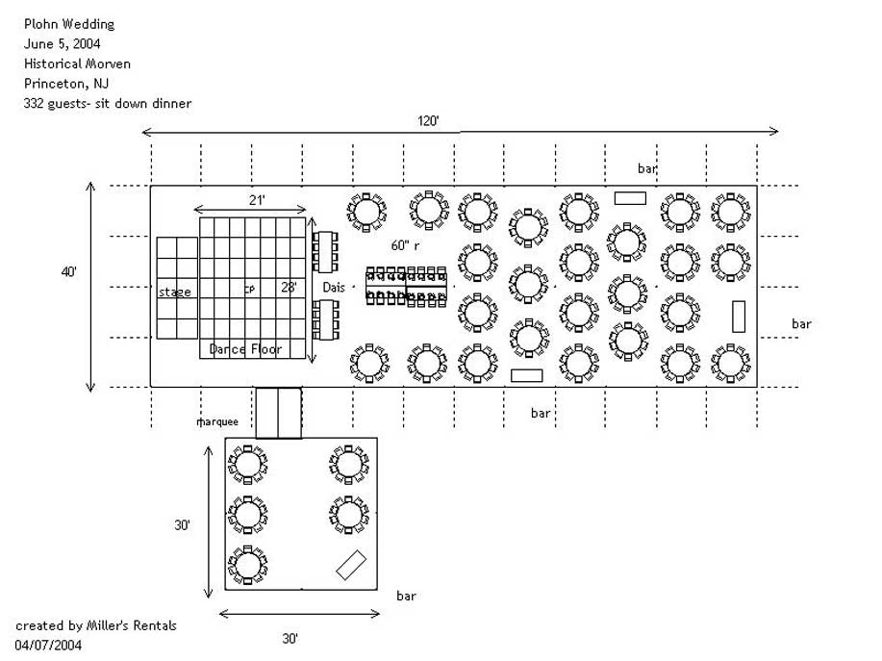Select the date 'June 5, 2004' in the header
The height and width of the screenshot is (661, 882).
click(63, 44)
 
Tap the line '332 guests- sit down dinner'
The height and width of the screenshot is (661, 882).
click(107, 103)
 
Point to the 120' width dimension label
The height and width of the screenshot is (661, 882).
click(428, 121)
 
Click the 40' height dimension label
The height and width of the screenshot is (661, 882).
click(69, 273)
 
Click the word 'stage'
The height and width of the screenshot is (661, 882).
click(175, 292)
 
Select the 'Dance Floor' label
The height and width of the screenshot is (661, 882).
click(245, 349)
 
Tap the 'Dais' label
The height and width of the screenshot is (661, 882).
click(334, 288)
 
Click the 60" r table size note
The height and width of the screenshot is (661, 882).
click(406, 244)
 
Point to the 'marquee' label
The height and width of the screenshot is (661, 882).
click(216, 421)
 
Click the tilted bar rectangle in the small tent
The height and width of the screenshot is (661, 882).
click(351, 564)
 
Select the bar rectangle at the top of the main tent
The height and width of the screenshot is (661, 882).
click(630, 198)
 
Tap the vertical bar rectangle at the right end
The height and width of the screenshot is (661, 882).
click(739, 317)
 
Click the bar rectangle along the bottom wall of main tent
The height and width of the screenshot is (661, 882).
click(527, 375)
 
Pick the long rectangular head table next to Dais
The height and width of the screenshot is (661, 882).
click(408, 286)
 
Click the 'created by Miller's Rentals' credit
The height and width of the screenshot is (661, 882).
click(96, 625)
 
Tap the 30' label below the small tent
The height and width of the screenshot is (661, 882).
click(290, 638)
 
